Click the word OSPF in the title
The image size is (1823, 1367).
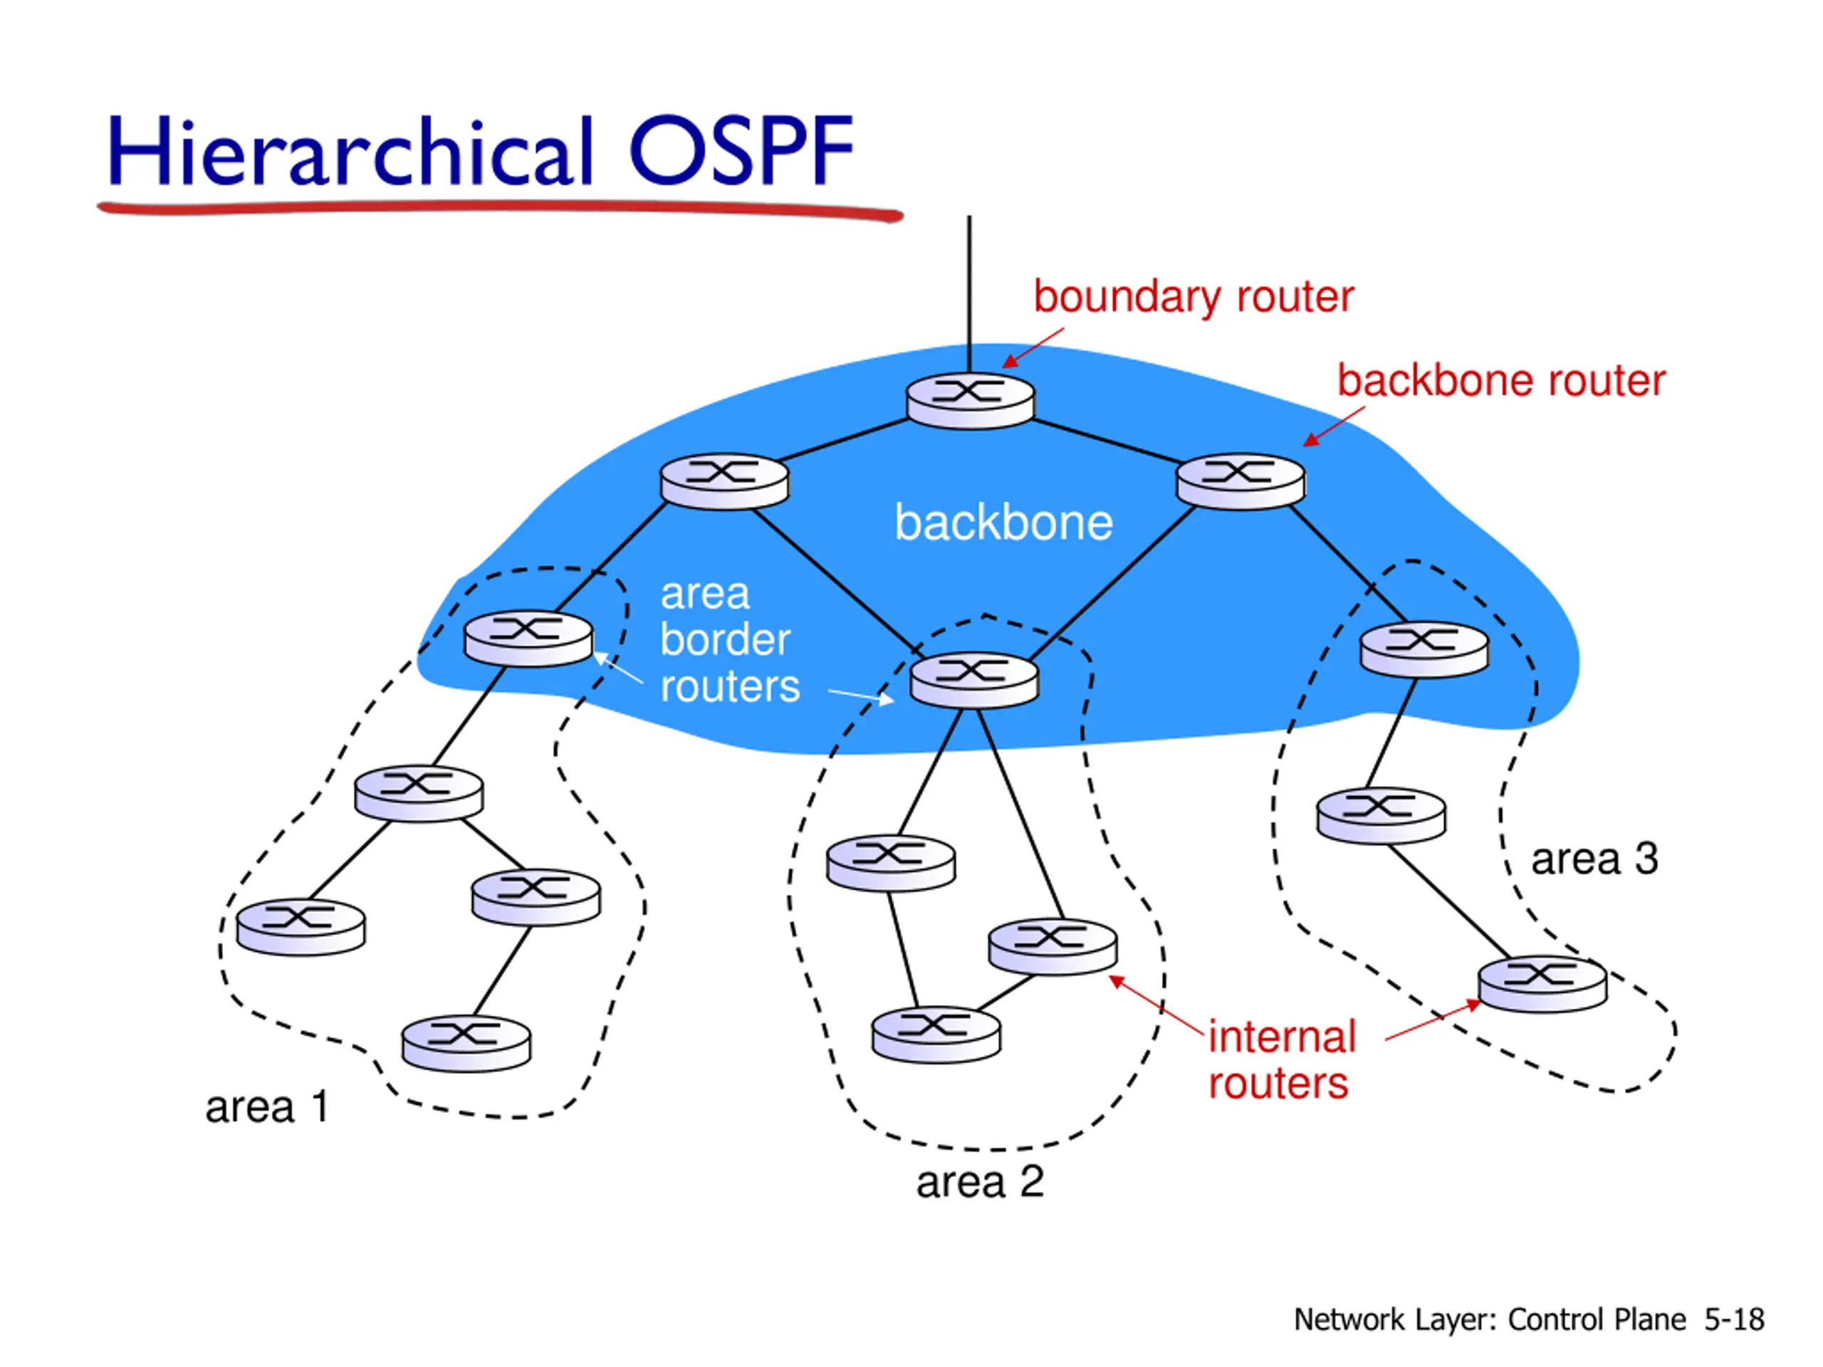coord(741,150)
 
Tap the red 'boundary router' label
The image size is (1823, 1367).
coord(1193,297)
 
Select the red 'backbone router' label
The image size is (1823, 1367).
coord(1500,381)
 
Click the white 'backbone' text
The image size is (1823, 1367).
coord(1004,523)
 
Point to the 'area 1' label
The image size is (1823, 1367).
coord(267,1106)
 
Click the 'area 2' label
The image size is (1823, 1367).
coord(980,1183)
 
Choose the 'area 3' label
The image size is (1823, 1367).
coord(1594,859)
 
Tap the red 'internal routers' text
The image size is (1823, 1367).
coord(1282,1059)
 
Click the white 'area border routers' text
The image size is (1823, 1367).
coord(729,640)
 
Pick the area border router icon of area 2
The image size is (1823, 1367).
coord(974,680)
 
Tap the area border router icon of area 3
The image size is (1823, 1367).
coord(1424,649)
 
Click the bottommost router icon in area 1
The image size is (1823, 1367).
coord(466,1043)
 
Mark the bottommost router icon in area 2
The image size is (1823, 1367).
coord(936,1034)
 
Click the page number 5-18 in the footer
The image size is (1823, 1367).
coord(1735,1319)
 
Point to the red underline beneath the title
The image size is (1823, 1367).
coord(500,209)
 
